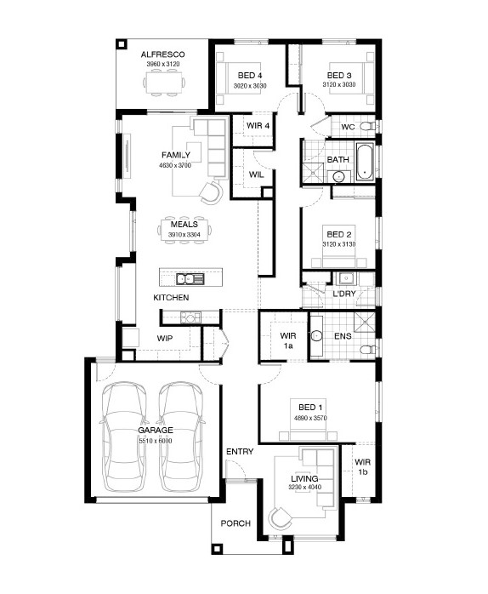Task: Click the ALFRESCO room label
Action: click(162, 54)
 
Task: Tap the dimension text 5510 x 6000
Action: click(156, 441)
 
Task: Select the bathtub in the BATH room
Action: click(364, 162)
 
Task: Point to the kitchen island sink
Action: click(190, 279)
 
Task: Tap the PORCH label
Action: click(235, 523)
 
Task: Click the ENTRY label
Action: click(240, 452)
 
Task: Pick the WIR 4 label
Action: click(258, 125)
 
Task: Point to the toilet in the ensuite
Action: click(368, 349)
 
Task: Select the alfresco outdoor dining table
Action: click(164, 83)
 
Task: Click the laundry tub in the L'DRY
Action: click(346, 278)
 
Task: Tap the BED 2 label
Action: click(339, 235)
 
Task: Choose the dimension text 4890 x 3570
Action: click(310, 418)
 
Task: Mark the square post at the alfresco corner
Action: click(121, 45)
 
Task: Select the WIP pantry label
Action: click(165, 339)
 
